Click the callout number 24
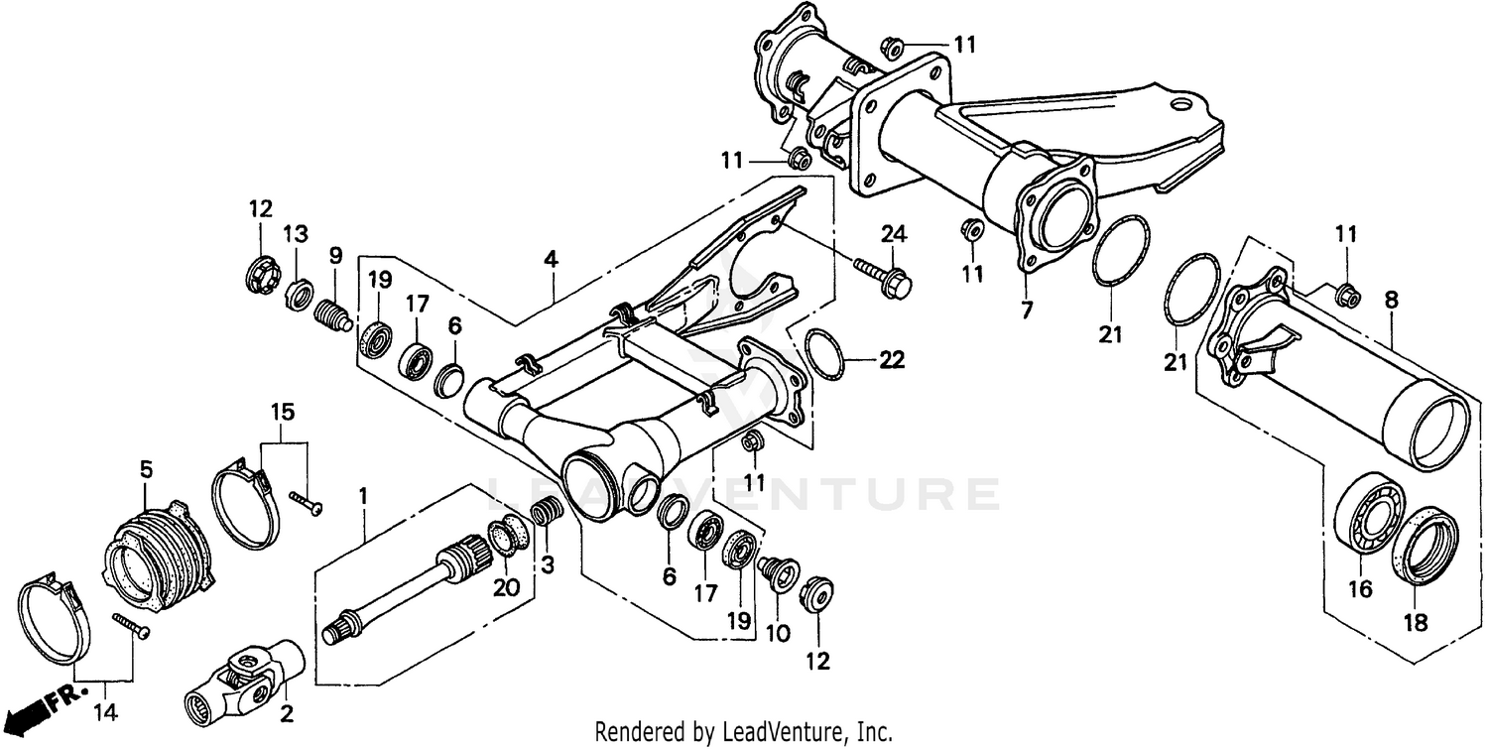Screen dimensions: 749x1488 coord(893,234)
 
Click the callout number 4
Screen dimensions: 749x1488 coord(550,260)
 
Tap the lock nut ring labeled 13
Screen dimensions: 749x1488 coord(296,295)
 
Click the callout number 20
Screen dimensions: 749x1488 coord(506,587)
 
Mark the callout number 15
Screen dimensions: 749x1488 coord(283,411)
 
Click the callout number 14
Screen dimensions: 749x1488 coord(103,712)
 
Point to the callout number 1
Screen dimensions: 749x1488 coord(363,494)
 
